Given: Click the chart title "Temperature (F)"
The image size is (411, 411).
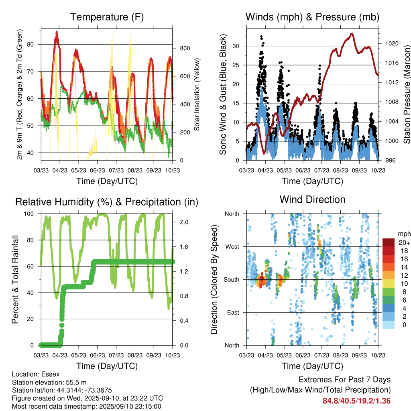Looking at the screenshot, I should tap(107, 17).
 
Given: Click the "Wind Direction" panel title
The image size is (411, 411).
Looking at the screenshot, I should tap(312, 199).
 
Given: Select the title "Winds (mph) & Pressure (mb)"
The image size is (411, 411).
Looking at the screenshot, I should tap(312, 17).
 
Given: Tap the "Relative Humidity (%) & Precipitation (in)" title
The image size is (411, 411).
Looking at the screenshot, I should tap(107, 202).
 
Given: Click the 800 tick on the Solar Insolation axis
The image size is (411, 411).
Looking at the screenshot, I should tap(183, 48).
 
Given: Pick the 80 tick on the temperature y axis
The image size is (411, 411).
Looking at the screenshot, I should tap(34, 44).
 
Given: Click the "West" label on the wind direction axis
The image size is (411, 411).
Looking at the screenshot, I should tap(232, 246).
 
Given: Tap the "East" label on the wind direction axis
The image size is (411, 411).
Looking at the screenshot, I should tap(232, 312).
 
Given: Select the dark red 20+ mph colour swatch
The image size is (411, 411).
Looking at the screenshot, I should tap(388, 242).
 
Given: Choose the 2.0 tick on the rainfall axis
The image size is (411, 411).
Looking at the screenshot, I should tap(181, 222).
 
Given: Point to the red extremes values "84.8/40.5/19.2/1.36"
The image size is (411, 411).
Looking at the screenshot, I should tap(356, 401).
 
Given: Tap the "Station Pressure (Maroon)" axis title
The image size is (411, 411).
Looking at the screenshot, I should tap(406, 95).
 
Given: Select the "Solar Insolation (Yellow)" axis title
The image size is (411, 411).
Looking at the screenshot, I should tap(197, 95).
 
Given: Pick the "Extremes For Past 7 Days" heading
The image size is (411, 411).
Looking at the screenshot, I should tap(344, 380).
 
